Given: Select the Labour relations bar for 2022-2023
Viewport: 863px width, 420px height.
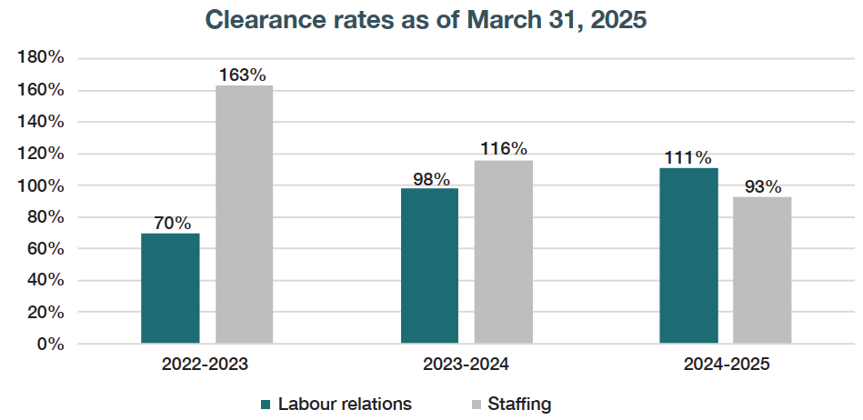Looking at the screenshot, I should coord(170,288).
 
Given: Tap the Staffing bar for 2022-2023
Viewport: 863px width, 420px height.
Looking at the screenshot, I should coord(244,215).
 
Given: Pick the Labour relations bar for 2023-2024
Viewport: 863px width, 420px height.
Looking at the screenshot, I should coord(429,265).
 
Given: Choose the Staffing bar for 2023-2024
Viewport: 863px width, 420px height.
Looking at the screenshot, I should coord(503,252).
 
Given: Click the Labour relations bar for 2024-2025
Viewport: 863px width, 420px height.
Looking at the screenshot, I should coord(688,255).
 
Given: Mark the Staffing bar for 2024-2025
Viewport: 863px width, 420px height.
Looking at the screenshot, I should coord(762,270).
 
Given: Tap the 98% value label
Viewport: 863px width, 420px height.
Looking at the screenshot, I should coord(429,177).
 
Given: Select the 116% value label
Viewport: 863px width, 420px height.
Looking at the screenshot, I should coord(503,148).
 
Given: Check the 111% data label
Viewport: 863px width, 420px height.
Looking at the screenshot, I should coord(688,156).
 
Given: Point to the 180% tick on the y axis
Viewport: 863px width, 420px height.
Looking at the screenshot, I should coord(41,58).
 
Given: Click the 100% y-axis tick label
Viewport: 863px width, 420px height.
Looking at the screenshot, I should coord(41,185).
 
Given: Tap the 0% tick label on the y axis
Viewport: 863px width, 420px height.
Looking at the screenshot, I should coord(49,344).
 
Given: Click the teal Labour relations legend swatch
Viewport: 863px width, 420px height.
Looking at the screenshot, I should coord(266,404).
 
